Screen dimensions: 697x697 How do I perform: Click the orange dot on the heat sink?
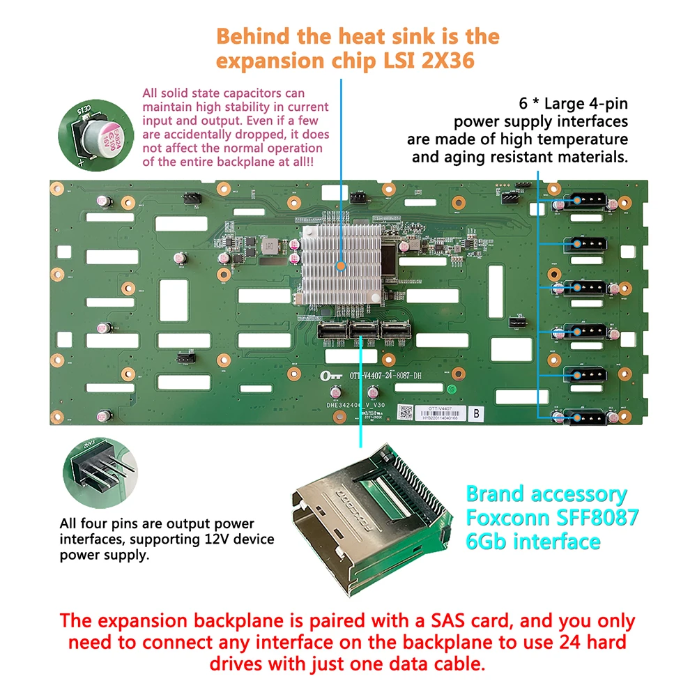point(341,265)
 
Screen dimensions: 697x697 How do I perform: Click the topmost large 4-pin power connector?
point(584,201)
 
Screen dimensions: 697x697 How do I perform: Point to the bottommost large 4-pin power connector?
point(584,416)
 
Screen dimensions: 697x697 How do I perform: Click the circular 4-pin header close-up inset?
point(100,473)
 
